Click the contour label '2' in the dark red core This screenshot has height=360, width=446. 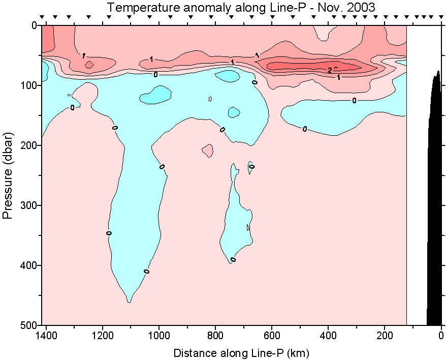pos(330,70)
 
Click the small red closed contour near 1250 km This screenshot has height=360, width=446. pos(89,65)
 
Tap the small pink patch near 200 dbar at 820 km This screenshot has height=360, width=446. pos(207,151)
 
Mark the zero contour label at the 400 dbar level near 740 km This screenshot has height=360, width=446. pos(233,260)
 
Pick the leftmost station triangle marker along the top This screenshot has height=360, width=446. pos(43,17)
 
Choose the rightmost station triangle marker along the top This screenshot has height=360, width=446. pos(440,17)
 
